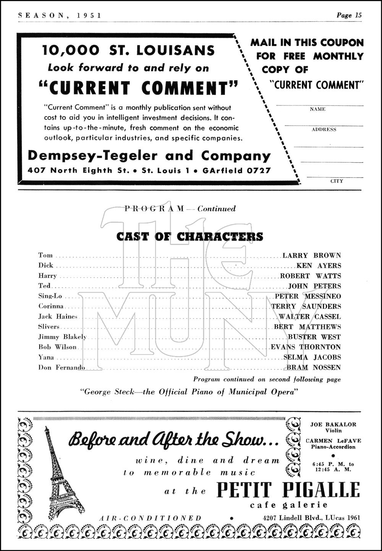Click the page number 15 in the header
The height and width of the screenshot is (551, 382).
point(358,15)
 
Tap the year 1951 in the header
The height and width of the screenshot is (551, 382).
point(89,15)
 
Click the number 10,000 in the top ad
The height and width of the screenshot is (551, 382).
point(71,50)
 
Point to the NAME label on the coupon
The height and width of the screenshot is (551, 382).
point(317,109)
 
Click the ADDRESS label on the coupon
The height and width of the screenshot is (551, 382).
point(324,129)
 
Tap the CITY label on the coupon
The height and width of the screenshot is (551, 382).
point(337,181)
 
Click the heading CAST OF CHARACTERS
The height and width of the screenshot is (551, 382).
point(189,237)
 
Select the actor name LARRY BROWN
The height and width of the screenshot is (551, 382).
point(312,255)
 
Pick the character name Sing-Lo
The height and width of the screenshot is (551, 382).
point(50,296)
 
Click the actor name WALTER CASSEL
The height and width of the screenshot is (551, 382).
point(310,317)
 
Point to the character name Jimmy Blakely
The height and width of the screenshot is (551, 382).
point(62,337)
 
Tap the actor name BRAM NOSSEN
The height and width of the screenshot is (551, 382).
point(314,367)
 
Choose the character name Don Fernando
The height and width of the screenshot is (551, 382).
point(62,367)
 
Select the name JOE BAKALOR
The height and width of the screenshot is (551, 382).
point(333,424)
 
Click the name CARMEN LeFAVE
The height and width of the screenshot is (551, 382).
point(333,441)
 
